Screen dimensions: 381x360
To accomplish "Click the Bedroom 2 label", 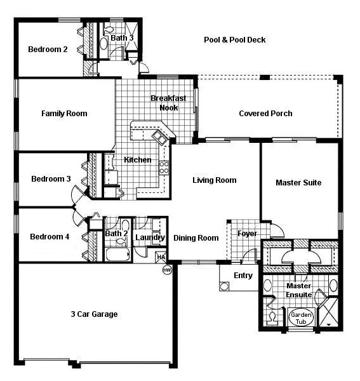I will (x=47, y=50).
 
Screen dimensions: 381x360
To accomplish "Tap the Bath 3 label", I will (x=122, y=38).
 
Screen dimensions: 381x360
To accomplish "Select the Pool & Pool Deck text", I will (x=234, y=40).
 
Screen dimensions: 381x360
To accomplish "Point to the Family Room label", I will (x=64, y=114).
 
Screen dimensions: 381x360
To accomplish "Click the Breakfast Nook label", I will (x=168, y=103).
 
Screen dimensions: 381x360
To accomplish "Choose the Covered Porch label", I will (x=265, y=114).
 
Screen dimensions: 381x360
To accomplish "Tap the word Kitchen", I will (x=137, y=160).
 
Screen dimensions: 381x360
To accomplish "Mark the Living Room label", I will (x=214, y=180).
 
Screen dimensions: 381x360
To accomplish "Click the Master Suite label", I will (x=298, y=183).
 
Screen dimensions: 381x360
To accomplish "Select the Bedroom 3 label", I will (x=51, y=179).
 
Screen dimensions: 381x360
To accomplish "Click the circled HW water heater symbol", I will (x=168, y=270).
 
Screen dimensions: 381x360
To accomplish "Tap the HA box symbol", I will (x=161, y=257).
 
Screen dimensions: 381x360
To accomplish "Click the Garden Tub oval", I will (x=298, y=317).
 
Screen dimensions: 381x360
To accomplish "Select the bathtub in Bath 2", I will (x=117, y=257).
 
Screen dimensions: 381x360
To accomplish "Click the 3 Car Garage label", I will (x=93, y=314).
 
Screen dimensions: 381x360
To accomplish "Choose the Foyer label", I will (x=247, y=234).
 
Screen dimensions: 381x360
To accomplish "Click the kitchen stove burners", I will (x=163, y=168).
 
